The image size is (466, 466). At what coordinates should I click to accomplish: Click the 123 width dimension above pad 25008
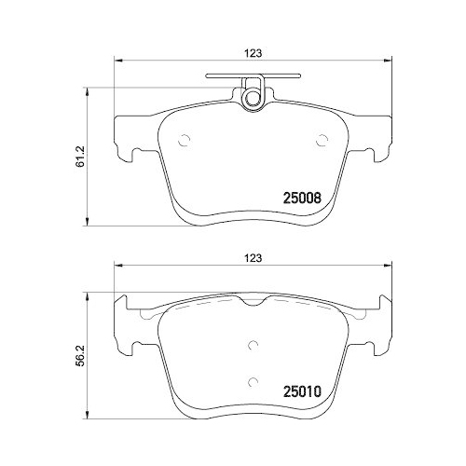click(253, 53)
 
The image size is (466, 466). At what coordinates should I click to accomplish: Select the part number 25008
click(301, 198)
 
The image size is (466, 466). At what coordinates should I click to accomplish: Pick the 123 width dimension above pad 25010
click(253, 257)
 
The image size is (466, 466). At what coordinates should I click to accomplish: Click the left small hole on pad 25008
click(183, 142)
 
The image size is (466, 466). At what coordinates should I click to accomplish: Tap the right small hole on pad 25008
click(322, 142)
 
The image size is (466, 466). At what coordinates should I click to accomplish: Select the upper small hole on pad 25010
click(253, 342)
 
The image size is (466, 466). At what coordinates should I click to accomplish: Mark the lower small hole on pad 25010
click(253, 379)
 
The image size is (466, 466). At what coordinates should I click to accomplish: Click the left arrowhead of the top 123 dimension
click(117, 62)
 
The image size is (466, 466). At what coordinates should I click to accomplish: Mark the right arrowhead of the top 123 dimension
click(387, 62)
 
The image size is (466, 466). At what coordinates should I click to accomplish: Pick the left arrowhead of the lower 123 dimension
click(117, 267)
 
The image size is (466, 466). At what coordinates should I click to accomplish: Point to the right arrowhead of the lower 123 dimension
click(387, 267)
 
